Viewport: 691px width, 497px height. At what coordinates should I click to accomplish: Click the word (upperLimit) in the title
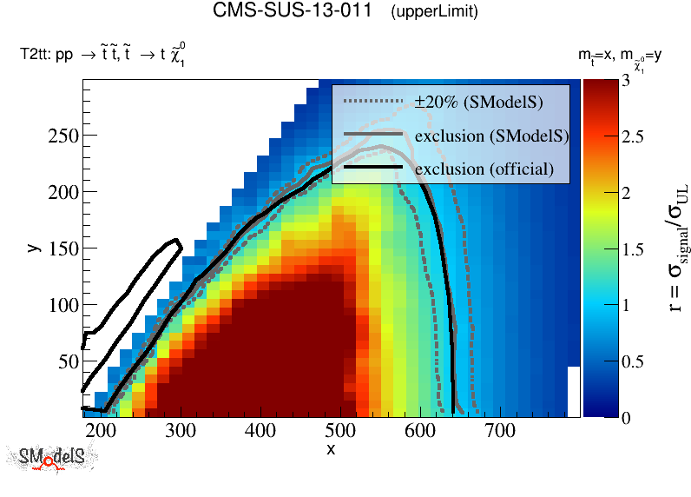coord(434,12)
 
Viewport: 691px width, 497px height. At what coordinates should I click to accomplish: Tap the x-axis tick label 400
coord(346,432)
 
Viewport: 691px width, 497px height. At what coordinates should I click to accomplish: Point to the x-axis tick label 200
coord(102,432)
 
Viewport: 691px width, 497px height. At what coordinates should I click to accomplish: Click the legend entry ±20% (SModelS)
coord(478,103)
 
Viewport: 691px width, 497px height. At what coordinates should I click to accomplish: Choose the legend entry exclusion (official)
coord(484,168)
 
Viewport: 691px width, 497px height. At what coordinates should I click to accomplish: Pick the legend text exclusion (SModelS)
coord(491,136)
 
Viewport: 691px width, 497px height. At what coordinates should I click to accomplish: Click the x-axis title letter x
coord(331,449)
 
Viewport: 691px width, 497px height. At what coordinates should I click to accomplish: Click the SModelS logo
coord(52,458)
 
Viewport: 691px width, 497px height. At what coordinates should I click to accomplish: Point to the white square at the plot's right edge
coord(573,391)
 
